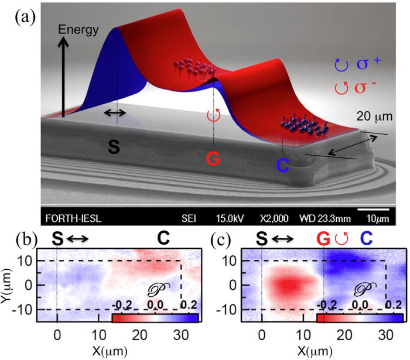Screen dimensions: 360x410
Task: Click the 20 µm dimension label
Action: coord(373,117)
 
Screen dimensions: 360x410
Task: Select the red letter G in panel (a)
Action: coord(213,159)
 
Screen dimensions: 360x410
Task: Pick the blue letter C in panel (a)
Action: coord(282,165)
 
